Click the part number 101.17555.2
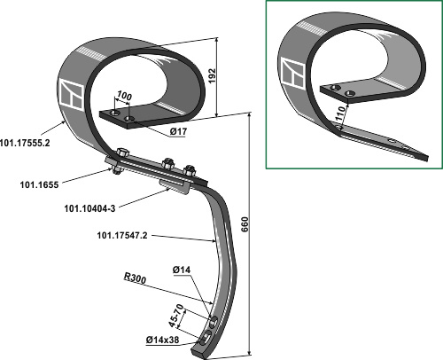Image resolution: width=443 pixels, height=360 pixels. click(25, 143)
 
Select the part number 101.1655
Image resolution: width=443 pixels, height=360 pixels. click(39, 185)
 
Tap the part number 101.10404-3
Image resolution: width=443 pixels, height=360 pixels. click(89, 208)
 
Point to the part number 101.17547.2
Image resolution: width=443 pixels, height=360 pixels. click(122, 236)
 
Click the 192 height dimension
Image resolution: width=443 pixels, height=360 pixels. click(212, 76)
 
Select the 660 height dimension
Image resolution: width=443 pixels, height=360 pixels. click(245, 224)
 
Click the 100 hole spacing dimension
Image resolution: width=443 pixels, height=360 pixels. click(124, 96)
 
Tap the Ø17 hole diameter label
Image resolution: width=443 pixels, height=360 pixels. click(178, 132)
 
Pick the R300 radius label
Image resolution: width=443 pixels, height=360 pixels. click(135, 278)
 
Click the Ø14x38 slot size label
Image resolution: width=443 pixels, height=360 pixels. click(162, 340)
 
